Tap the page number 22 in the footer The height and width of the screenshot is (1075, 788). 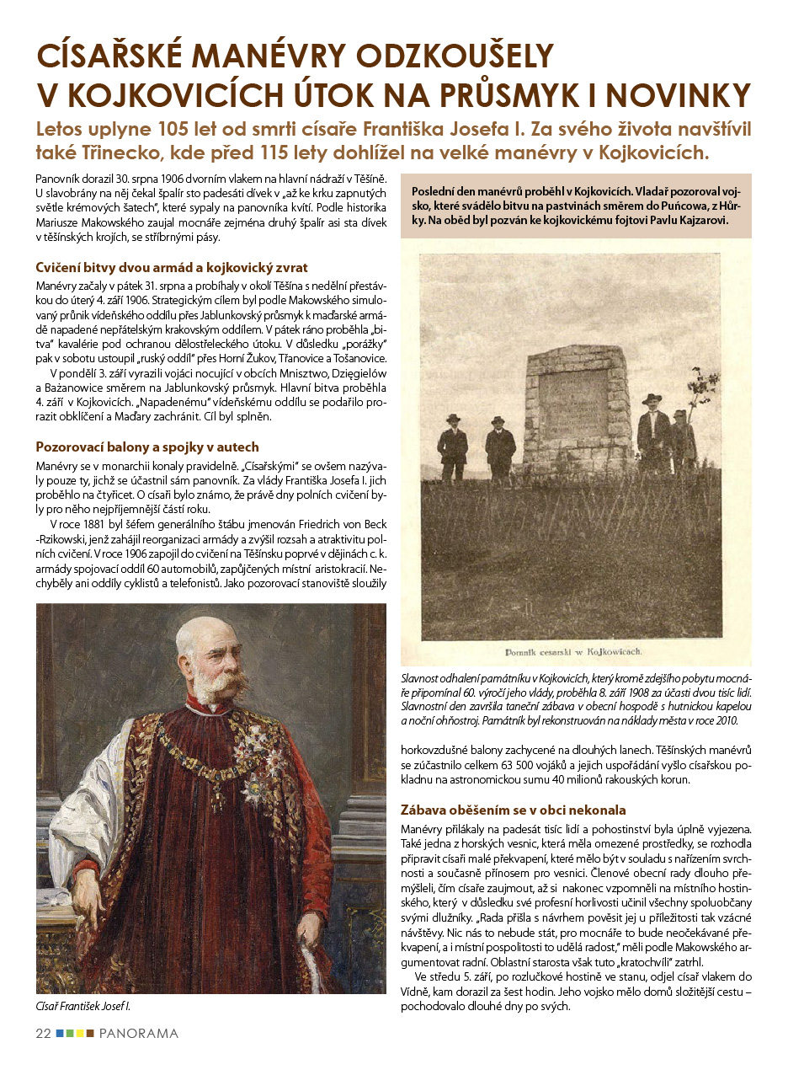[x=43, y=1033]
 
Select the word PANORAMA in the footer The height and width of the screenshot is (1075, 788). [x=138, y=1033]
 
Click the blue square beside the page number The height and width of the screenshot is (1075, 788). [x=60, y=1033]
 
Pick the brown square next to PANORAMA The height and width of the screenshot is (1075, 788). [x=90, y=1033]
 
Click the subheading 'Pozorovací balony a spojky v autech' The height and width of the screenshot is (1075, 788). [x=147, y=447]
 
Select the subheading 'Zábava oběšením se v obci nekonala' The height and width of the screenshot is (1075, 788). [x=513, y=810]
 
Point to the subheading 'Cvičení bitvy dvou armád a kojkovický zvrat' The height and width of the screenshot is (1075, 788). [x=172, y=268]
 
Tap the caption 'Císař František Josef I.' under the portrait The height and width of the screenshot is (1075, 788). [x=83, y=1006]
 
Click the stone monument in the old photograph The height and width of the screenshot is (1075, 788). [x=578, y=407]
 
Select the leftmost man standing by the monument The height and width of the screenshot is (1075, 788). [x=453, y=447]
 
